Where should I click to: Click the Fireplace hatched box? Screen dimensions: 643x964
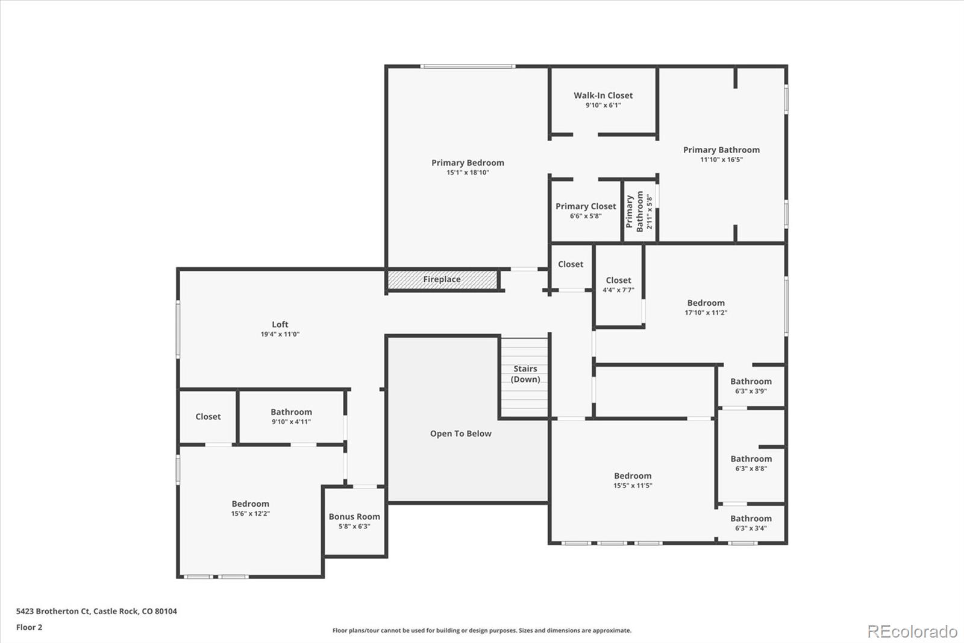(x=442, y=280)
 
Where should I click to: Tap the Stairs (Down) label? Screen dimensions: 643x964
(x=525, y=374)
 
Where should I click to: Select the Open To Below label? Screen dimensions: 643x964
(x=460, y=434)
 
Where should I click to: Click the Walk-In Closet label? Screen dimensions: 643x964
(x=603, y=95)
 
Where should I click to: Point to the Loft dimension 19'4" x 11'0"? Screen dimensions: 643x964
(x=280, y=334)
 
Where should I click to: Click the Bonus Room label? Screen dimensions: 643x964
(x=354, y=517)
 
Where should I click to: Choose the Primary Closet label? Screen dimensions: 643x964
(x=586, y=206)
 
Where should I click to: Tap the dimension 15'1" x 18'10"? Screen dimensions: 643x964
(x=468, y=173)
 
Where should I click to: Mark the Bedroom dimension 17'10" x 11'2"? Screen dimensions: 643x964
(x=706, y=312)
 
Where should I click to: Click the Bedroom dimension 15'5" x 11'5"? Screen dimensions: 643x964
(x=633, y=486)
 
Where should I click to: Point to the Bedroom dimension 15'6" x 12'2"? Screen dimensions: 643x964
(x=250, y=514)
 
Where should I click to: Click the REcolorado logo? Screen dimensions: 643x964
(x=912, y=632)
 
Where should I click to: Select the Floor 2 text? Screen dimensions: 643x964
(x=29, y=627)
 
